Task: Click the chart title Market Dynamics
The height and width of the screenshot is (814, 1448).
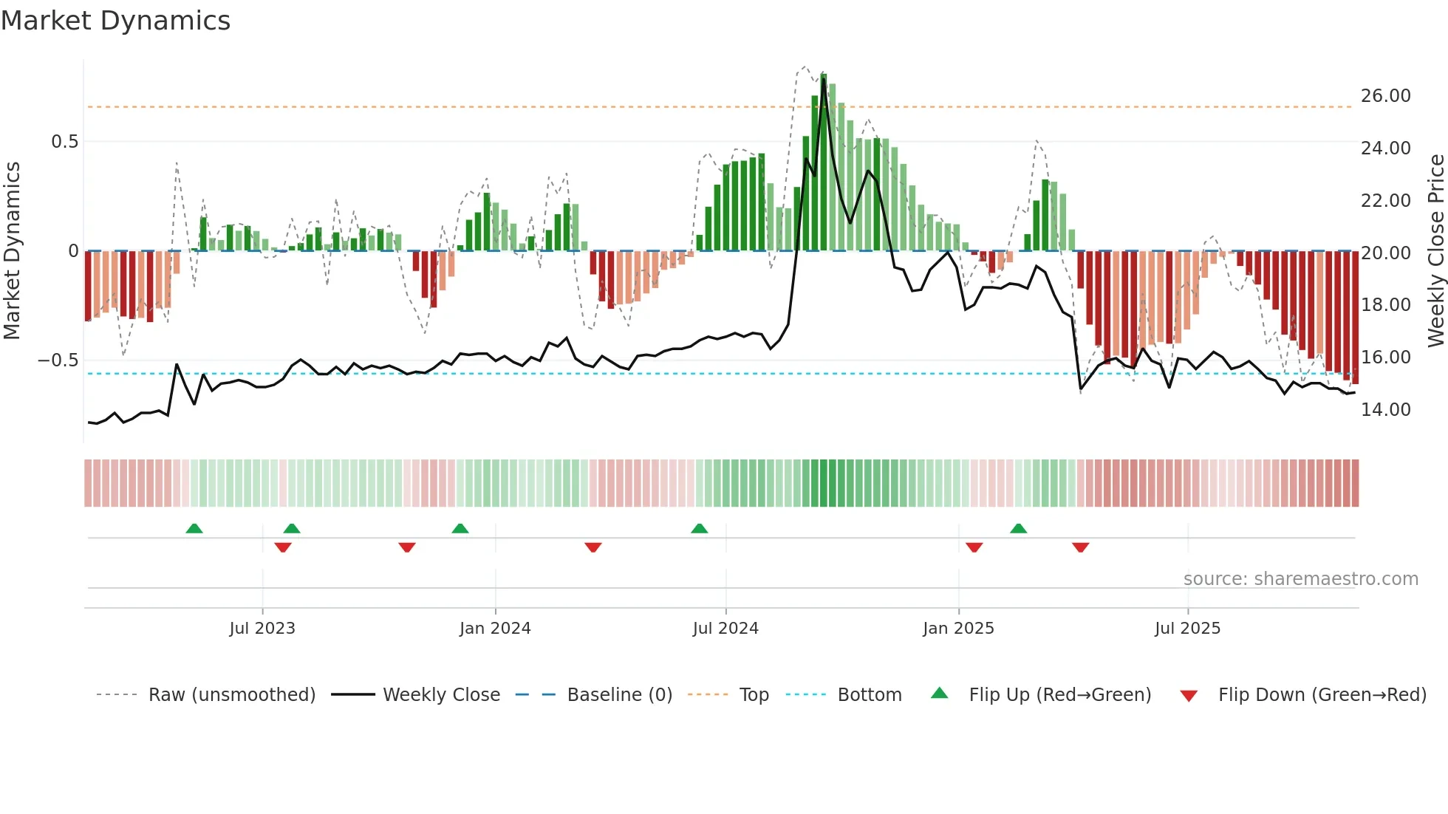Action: pos(115,21)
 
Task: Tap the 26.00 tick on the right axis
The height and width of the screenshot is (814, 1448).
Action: pos(1385,96)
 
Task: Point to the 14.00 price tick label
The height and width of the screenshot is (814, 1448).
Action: pos(1385,410)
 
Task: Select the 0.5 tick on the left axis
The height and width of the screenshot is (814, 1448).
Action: pos(64,142)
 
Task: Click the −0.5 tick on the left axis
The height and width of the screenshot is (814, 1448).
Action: pos(58,360)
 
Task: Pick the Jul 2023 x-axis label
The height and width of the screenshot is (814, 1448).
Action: pos(262,629)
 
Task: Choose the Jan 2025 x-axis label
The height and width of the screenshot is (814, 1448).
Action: pos(958,629)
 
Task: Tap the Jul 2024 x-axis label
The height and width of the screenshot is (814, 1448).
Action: pos(725,629)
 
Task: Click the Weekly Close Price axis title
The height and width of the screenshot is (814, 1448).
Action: pos(1435,251)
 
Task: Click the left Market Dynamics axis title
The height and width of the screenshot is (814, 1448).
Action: pos(13,251)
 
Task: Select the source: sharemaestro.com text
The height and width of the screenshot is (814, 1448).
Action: pos(1300,579)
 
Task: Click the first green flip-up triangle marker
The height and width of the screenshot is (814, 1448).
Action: pos(194,528)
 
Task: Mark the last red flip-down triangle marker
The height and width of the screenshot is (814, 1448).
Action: pos(1080,547)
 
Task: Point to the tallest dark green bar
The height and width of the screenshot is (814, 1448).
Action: pos(823,163)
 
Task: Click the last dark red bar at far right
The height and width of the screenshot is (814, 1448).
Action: pos(1355,318)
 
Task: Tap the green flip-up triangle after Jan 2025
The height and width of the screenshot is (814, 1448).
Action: pos(1018,528)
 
